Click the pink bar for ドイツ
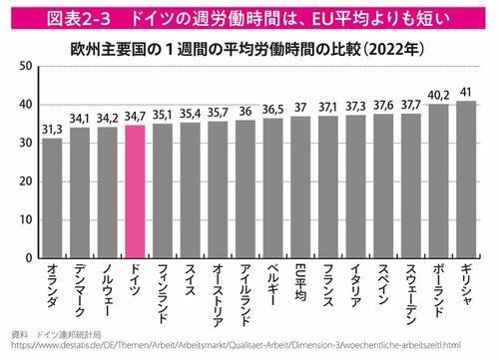click(x=135, y=189)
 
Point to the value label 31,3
click(x=52, y=130)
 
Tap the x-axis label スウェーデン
click(x=411, y=291)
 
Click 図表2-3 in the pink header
click(x=62, y=16)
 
